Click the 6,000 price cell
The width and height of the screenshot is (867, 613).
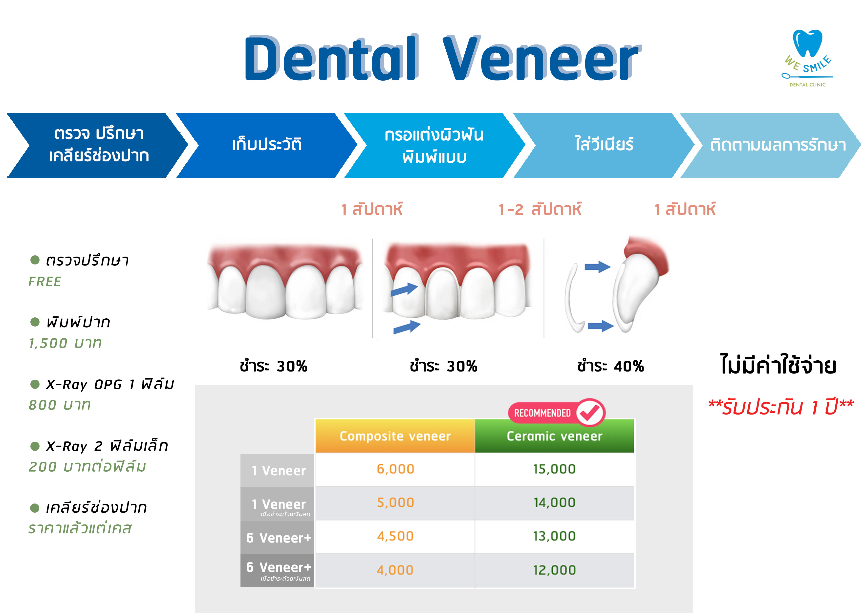[x=395, y=469]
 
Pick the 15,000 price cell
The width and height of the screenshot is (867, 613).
[x=554, y=469]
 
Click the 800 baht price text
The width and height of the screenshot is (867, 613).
[x=60, y=405]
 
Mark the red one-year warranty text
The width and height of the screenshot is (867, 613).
[x=781, y=407]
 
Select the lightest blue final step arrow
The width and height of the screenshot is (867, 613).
[x=770, y=145]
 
